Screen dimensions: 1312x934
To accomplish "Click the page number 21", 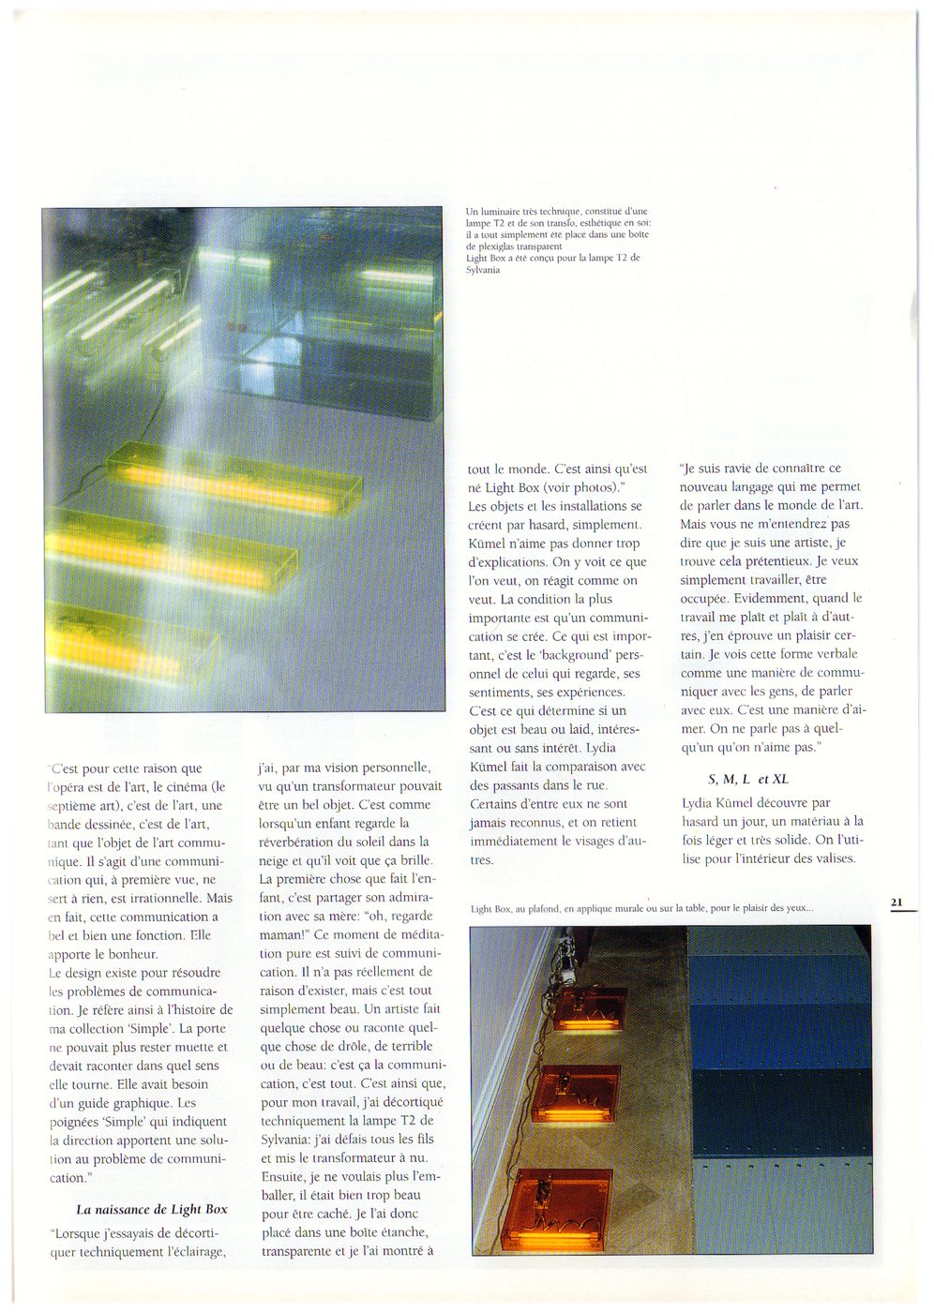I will pyautogui.click(x=896, y=902).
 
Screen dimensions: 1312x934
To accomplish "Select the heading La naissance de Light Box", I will pyautogui.click(x=151, y=1209).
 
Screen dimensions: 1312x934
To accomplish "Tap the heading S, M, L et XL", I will pyautogui.click(x=748, y=779).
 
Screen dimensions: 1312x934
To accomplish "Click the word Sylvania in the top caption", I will pyautogui.click(x=484, y=270).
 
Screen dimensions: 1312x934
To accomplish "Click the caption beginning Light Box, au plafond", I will pyautogui.click(x=641, y=908).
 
